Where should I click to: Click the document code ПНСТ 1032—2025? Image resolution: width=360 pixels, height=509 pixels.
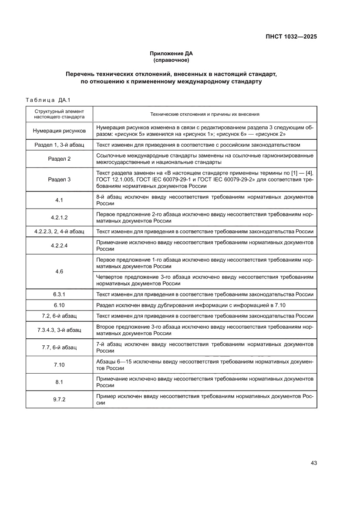[291, 37]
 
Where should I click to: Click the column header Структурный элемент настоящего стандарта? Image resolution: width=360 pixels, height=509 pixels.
[59, 114]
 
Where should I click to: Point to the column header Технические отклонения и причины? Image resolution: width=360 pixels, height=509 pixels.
[205, 114]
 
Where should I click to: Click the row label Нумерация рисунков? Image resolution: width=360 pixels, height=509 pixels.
[59, 131]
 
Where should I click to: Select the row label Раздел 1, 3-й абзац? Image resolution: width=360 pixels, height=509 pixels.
[59, 145]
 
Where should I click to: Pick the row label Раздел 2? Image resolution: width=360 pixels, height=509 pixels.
[59, 158]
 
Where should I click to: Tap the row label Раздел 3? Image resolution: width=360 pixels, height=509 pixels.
[59, 179]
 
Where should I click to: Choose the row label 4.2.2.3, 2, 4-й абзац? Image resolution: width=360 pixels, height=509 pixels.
[59, 231]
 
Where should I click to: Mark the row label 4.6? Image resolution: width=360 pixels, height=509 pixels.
[59, 271]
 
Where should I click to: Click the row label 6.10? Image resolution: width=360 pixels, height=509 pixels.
[59, 305]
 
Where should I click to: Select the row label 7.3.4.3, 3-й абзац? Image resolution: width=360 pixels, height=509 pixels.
[59, 330]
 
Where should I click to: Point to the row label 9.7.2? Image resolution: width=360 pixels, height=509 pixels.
[59, 399]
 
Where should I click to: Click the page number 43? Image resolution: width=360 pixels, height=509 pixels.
[313, 462]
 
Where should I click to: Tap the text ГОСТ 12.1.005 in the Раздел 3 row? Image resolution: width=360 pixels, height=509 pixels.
[114, 179]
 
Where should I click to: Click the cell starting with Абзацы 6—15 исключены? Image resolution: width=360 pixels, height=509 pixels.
[205, 364]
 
